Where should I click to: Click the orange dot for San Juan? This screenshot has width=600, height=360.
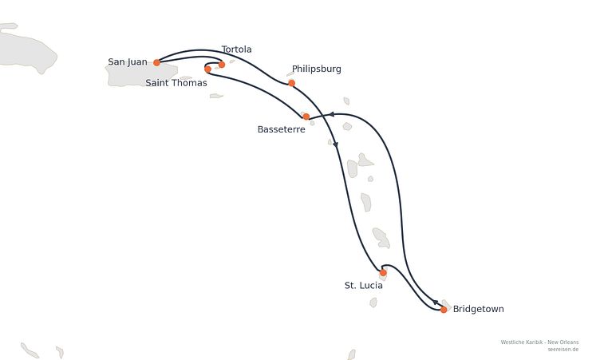pyautogui.click(x=156, y=62)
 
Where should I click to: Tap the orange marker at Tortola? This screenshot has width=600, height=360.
pyautogui.click(x=221, y=65)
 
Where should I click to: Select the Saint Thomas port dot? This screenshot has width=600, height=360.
pyautogui.click(x=207, y=69)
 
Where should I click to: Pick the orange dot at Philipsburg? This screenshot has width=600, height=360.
pyautogui.click(x=291, y=83)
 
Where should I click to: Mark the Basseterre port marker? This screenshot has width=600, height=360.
pyautogui.click(x=306, y=117)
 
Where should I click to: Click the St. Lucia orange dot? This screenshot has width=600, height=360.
pyautogui.click(x=383, y=273)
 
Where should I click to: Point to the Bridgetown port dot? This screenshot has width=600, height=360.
pyautogui.click(x=444, y=310)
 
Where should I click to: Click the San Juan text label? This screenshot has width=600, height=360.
pyautogui.click(x=128, y=61)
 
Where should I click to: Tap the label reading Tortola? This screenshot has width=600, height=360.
pyautogui.click(x=236, y=49)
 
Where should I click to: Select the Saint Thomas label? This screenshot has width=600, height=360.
pyautogui.click(x=176, y=83)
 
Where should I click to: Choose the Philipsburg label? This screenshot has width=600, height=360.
pyautogui.click(x=317, y=69)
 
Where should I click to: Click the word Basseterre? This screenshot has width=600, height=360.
pyautogui.click(x=281, y=129)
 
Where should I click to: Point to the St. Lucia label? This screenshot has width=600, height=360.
pyautogui.click(x=364, y=285)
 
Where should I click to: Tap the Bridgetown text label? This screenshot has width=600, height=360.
pyautogui.click(x=478, y=309)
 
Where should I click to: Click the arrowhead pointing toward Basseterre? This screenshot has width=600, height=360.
pyautogui.click(x=332, y=114)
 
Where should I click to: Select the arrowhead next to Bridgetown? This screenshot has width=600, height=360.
pyautogui.click(x=436, y=303)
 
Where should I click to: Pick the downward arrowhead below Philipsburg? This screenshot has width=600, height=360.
pyautogui.click(x=336, y=144)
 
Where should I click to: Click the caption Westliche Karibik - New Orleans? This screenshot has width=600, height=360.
pyautogui.click(x=539, y=342)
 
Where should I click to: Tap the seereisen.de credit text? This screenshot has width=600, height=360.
pyautogui.click(x=562, y=350)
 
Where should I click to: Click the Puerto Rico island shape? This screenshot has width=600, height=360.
pyautogui.click(x=140, y=74)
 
